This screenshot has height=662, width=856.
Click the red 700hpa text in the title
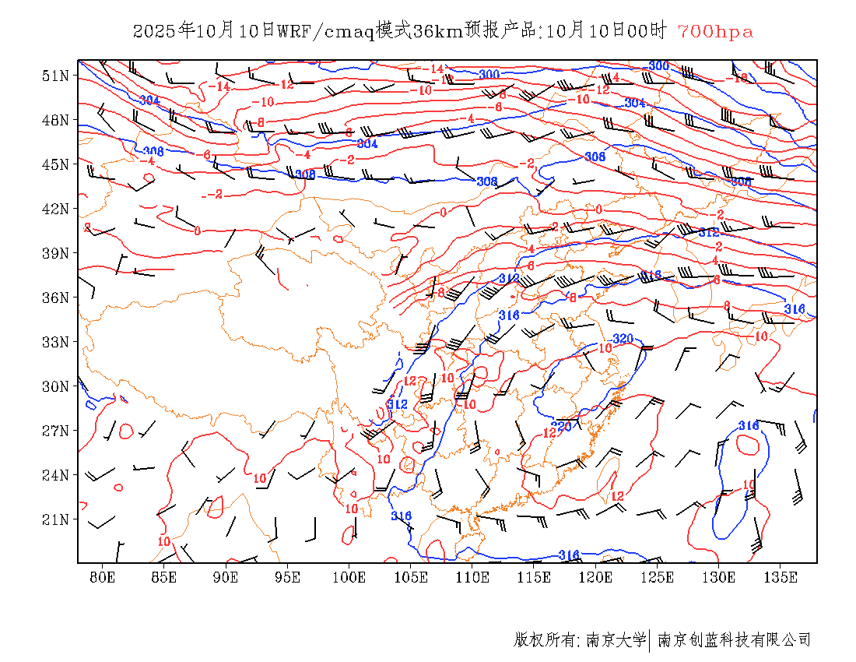coord(715,31)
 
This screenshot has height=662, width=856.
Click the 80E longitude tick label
coord(103,577)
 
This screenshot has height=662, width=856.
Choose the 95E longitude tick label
coord(287,577)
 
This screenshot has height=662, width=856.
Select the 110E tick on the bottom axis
coord(472,577)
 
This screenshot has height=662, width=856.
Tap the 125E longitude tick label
coord(657,577)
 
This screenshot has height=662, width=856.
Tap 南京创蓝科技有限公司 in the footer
coord(734,640)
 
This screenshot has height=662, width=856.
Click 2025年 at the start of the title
coord(163,31)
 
